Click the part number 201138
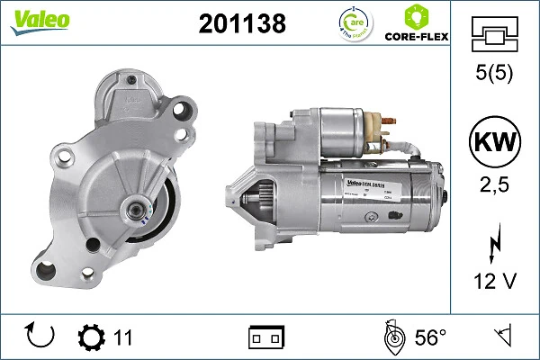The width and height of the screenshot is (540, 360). [241, 24]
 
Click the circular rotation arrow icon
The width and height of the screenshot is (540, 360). [42, 337]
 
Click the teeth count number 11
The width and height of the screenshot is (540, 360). [123, 337]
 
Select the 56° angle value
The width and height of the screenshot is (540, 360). [430, 337]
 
